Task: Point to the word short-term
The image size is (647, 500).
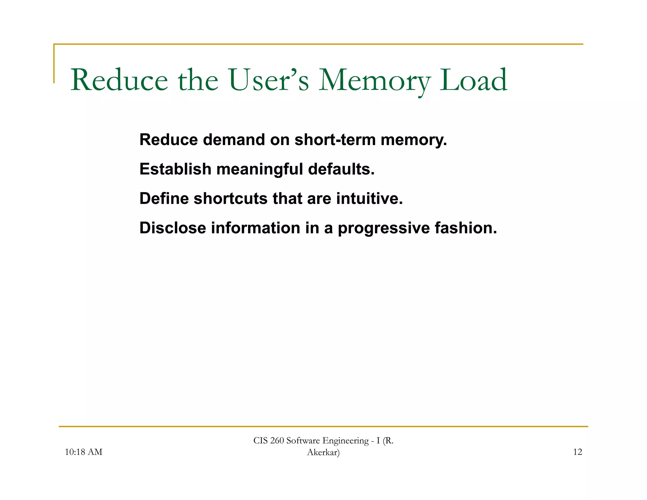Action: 335,140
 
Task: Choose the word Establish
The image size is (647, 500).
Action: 175,169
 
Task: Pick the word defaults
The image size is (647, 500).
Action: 341,169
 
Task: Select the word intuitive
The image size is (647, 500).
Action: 369,198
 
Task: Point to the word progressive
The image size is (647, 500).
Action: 384,229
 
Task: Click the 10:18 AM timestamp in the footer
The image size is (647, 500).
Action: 83,452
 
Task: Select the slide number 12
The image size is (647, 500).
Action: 577,452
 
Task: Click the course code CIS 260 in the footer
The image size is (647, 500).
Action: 269,441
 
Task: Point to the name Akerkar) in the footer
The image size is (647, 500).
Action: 323,453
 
